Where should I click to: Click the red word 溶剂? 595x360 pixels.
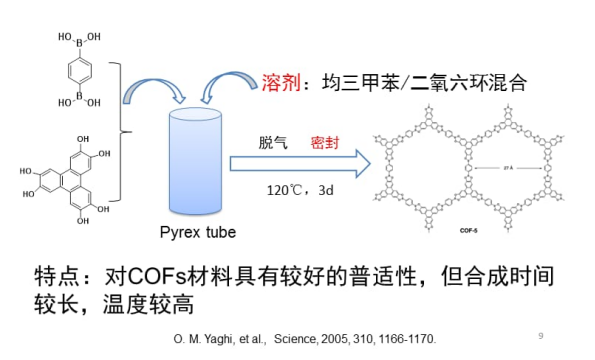tap(281, 82)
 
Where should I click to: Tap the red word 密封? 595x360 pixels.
tap(326, 143)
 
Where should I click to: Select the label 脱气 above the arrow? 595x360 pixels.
tap(273, 143)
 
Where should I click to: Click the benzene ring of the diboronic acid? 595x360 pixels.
tap(70, 70)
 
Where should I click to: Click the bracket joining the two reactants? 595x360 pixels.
tap(123, 130)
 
